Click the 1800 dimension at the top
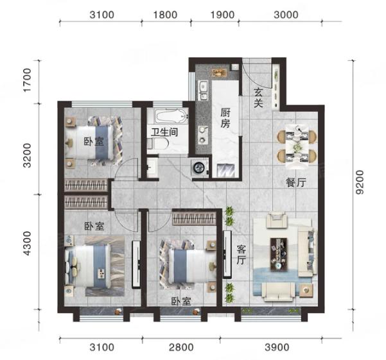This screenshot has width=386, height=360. (165, 15)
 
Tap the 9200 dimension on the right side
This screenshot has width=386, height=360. (360, 182)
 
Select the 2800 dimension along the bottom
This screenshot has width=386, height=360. (181, 347)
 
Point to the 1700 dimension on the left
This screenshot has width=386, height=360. (27, 80)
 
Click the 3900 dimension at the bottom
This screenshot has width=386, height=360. (277, 347)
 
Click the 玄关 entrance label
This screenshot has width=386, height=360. (258, 98)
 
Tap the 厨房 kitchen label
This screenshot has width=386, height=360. (225, 118)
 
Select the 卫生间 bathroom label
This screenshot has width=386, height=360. (164, 132)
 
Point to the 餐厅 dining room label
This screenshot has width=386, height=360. (296, 182)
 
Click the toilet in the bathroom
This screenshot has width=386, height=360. (158, 143)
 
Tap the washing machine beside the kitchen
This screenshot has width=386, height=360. (199, 167)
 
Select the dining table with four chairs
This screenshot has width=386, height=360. (297, 147)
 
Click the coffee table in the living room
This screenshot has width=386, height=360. (279, 254)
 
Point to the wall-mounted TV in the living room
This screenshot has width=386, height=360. (227, 254)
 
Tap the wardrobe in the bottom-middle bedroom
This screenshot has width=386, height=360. (194, 218)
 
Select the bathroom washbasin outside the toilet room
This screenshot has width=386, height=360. (152, 167)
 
